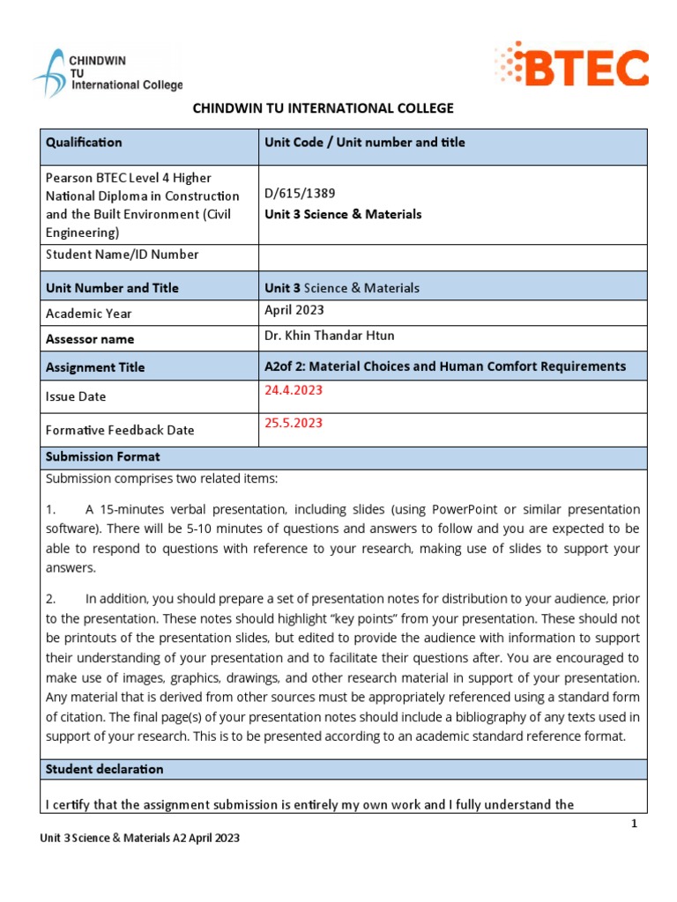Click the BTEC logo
(x=572, y=66)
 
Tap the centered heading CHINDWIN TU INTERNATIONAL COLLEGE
(x=324, y=108)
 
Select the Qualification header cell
(x=84, y=143)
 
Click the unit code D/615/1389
(x=300, y=193)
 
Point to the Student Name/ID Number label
(x=122, y=255)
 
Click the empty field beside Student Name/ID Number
(x=452, y=255)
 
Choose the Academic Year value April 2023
(x=294, y=310)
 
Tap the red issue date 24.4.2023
(x=294, y=389)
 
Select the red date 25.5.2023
(x=294, y=423)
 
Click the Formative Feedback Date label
(x=120, y=430)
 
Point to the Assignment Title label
(x=95, y=367)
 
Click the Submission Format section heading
(x=103, y=457)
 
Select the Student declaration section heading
(x=104, y=769)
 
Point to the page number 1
(x=633, y=824)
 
